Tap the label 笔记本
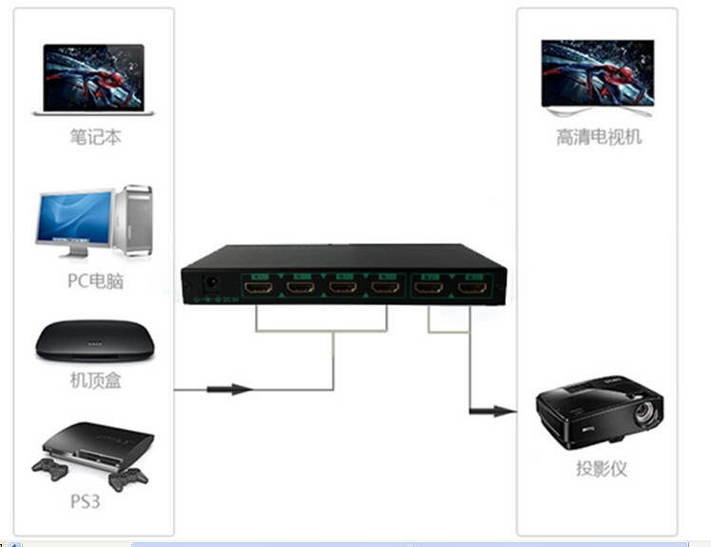point(96,138)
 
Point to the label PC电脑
point(95,282)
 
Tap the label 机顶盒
point(95,381)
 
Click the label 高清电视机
point(599,138)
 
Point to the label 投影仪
point(601,469)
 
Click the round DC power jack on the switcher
point(212,283)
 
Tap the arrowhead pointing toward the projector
point(504,412)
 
